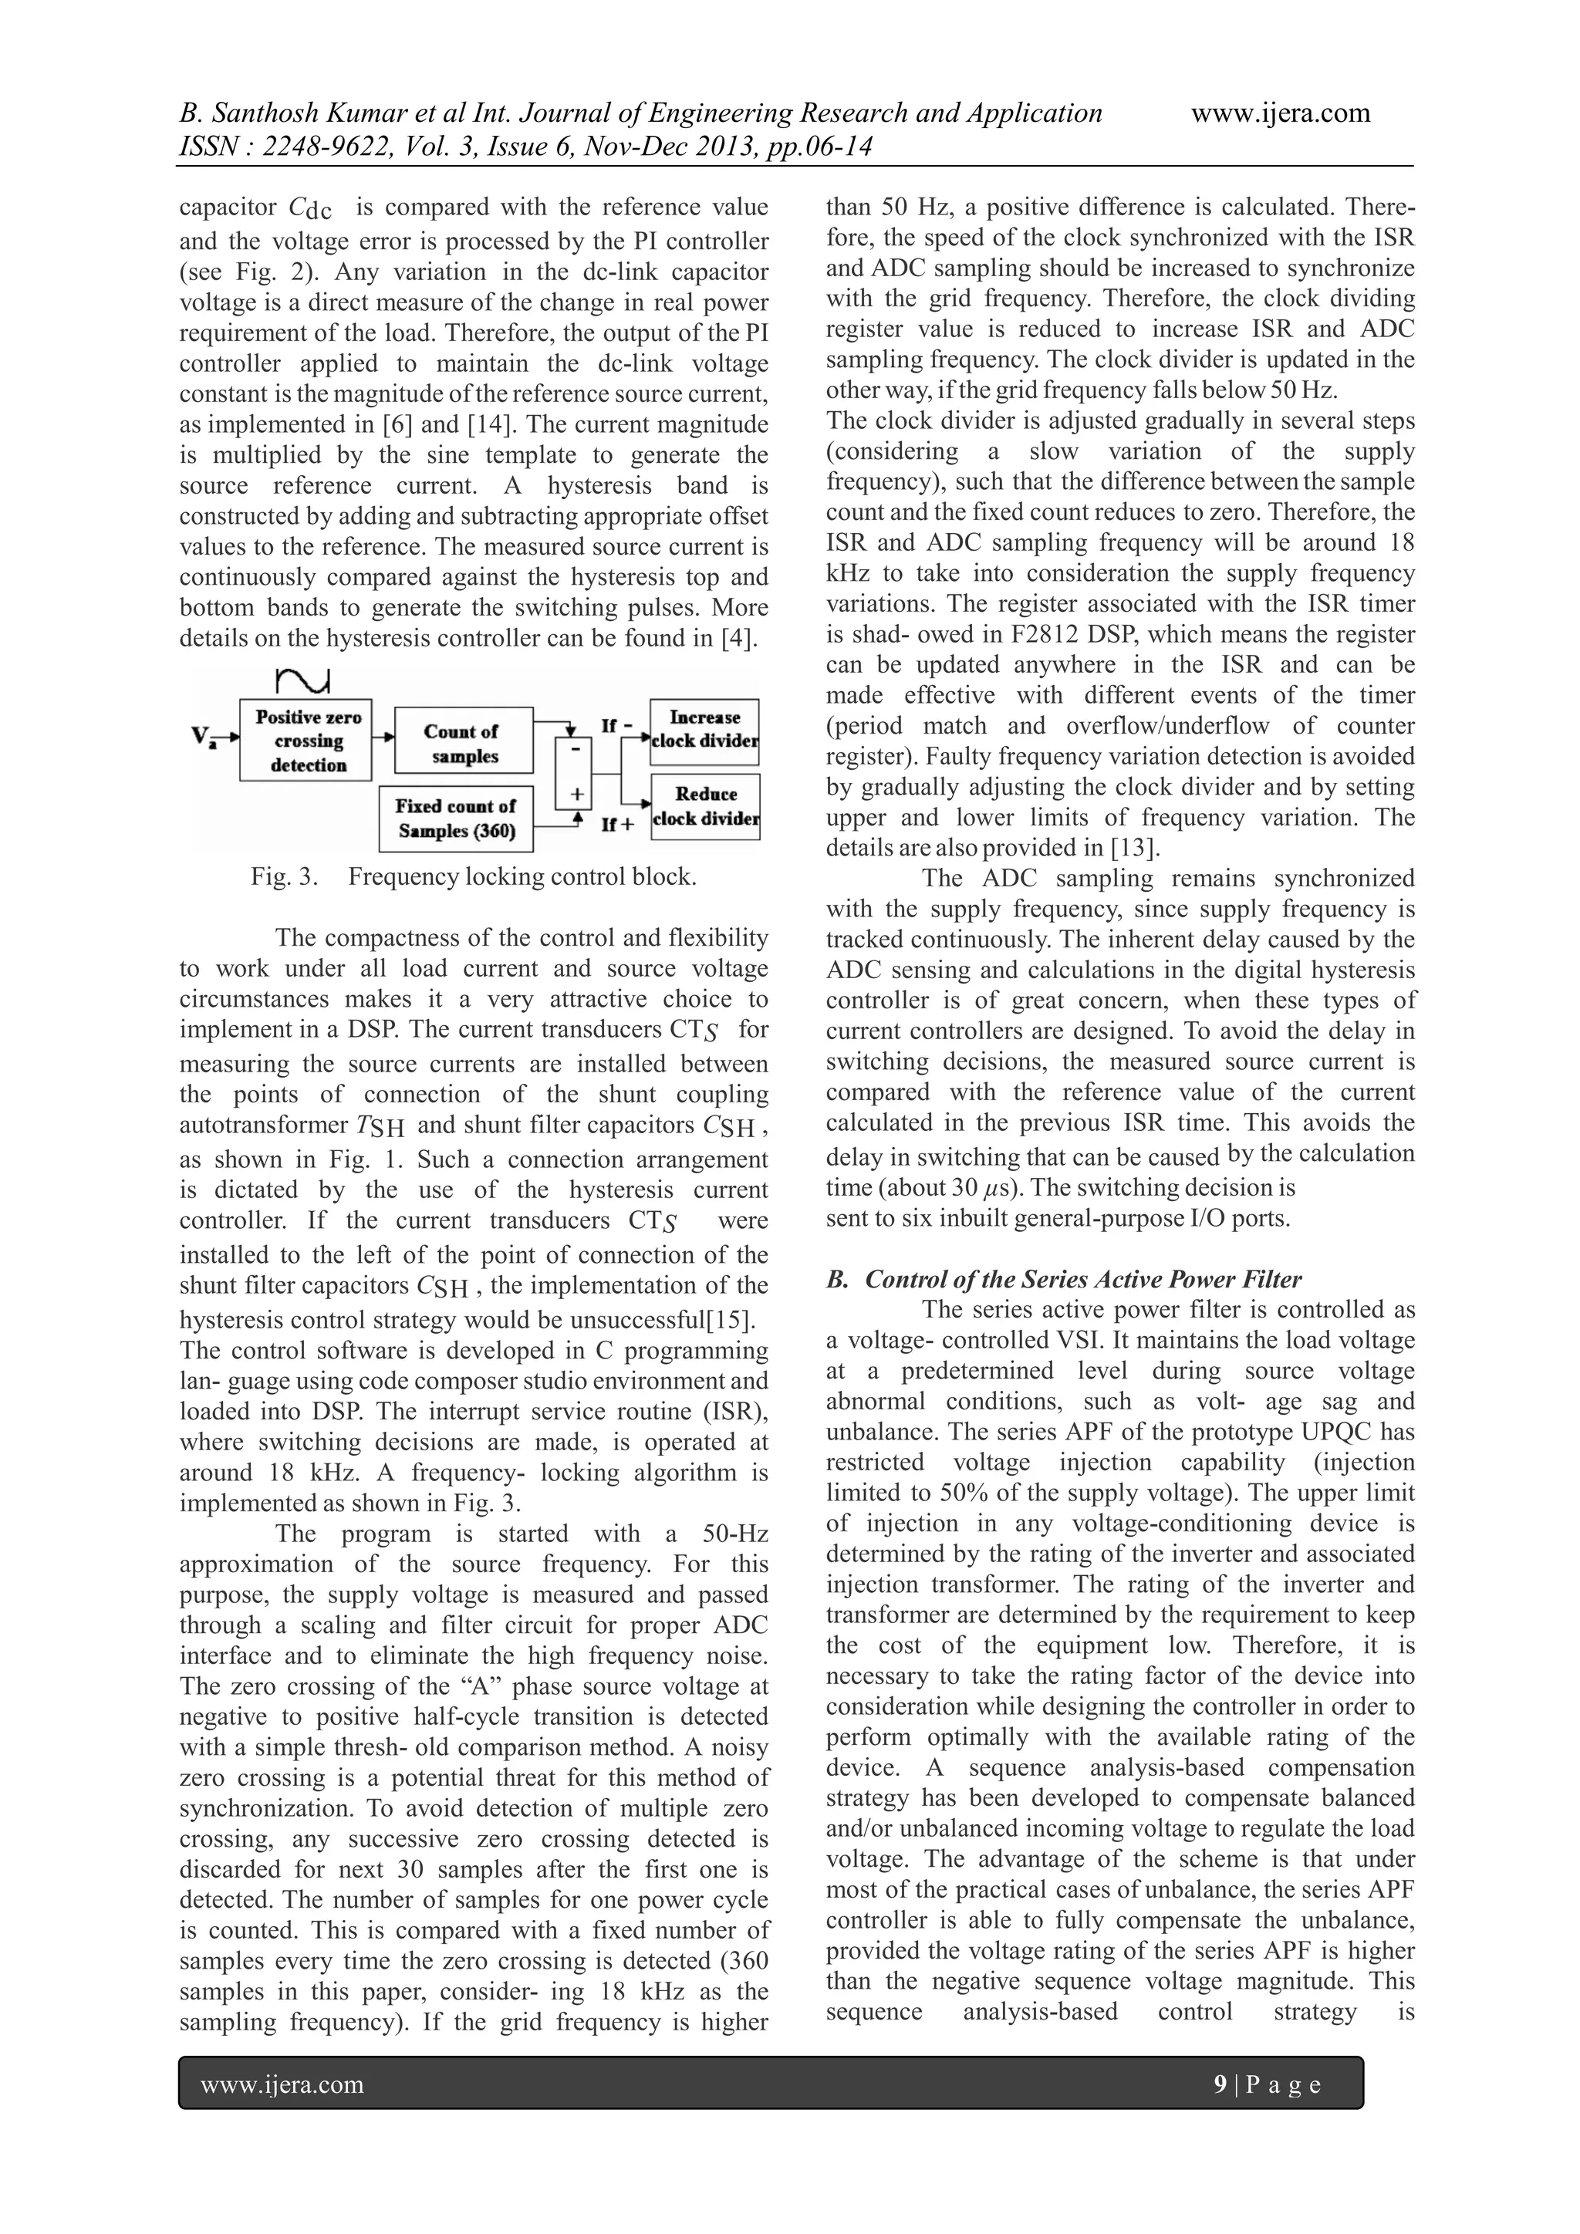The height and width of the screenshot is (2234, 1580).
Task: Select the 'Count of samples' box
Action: click(463, 744)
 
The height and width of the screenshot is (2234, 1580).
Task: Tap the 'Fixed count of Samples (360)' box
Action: click(455, 818)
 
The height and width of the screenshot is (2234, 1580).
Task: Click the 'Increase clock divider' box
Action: click(704, 729)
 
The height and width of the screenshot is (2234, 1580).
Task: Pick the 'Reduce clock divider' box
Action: click(704, 805)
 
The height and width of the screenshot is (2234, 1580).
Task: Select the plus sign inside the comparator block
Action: click(576, 794)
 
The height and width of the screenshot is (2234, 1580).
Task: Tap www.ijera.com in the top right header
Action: click(1281, 114)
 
